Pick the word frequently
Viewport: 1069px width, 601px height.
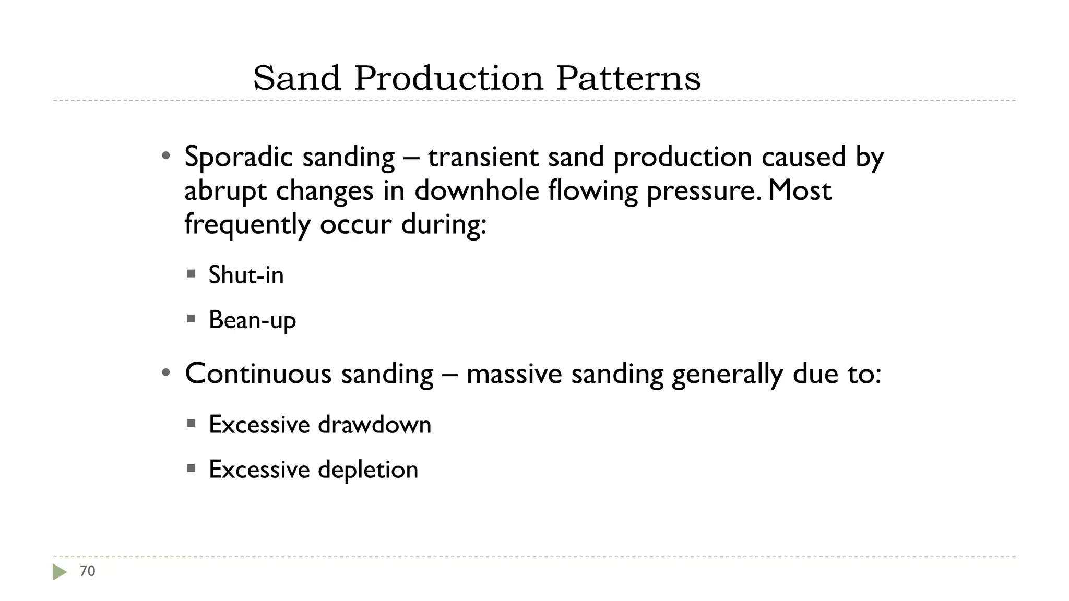pyautogui.click(x=247, y=225)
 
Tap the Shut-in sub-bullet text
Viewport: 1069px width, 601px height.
pyautogui.click(x=246, y=274)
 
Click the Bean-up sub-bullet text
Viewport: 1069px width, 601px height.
pyautogui.click(x=252, y=320)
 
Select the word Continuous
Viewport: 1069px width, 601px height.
pyautogui.click(x=258, y=374)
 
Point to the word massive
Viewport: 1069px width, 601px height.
pyautogui.click(x=514, y=374)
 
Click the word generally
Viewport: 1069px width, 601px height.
pyautogui.click(x=727, y=375)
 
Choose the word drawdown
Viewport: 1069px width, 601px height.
pyautogui.click(x=374, y=424)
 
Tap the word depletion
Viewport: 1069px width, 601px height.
pyautogui.click(x=367, y=470)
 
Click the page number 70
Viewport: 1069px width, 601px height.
pyautogui.click(x=87, y=571)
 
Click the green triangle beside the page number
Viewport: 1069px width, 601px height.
pyautogui.click(x=60, y=572)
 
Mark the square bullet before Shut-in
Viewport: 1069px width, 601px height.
pyautogui.click(x=191, y=273)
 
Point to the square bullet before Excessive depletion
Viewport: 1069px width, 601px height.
pyautogui.click(x=191, y=468)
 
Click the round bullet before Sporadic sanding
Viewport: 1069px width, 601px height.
pyautogui.click(x=165, y=155)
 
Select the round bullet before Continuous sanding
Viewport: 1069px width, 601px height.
pyautogui.click(x=165, y=372)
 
